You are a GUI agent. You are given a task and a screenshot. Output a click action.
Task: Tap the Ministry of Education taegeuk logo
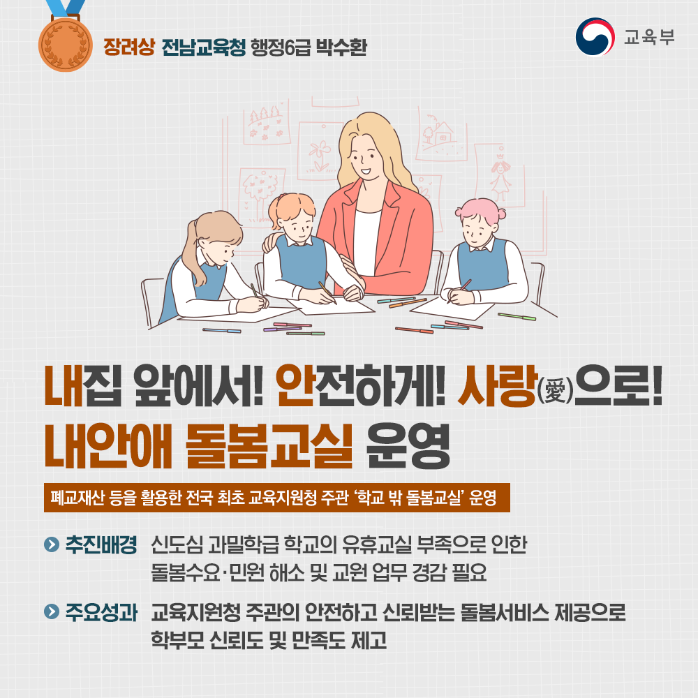[595, 37]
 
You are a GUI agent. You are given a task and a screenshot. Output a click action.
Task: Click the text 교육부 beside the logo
[648, 37]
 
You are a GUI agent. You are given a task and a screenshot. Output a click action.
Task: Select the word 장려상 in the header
[129, 47]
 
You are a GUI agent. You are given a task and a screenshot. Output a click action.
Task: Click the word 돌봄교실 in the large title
[269, 447]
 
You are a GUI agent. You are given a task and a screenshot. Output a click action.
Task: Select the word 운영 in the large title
[408, 447]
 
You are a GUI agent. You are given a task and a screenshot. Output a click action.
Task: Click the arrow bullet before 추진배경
[52, 544]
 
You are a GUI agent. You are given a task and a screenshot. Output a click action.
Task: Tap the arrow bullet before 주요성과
[52, 611]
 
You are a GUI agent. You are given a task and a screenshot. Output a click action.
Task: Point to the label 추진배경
[101, 544]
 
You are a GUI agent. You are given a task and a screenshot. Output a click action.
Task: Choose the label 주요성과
[101, 612]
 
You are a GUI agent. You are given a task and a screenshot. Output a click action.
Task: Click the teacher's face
[365, 158]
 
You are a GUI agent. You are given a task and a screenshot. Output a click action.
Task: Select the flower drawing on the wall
[319, 154]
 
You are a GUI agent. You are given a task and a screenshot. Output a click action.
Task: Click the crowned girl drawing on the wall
[500, 174]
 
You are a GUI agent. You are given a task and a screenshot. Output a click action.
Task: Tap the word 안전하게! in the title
[361, 385]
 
